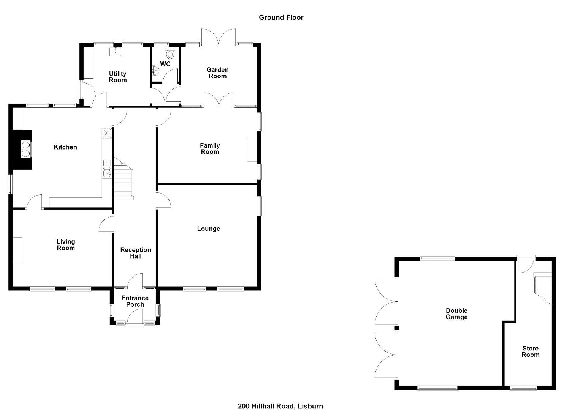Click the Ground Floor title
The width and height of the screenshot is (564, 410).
281,17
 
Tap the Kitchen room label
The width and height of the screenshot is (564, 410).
65,147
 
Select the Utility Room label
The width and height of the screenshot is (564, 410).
117,77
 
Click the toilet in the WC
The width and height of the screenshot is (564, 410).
170,54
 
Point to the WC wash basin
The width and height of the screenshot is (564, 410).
155,71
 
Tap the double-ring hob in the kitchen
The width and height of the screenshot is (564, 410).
26,149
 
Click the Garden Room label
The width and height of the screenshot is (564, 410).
217,73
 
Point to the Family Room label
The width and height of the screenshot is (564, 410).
210,148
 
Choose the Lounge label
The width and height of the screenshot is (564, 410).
209,229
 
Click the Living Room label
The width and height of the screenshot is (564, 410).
66,245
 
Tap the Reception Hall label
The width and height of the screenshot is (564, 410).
135,253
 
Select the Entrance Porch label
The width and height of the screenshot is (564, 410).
135,301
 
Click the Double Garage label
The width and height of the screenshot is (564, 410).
456,314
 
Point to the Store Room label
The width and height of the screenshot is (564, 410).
530,352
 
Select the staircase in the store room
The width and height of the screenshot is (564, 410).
543,289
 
